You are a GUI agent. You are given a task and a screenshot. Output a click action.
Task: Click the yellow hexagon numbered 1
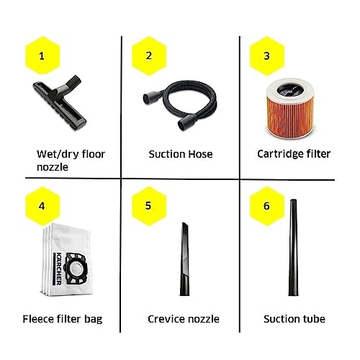tap(42, 55)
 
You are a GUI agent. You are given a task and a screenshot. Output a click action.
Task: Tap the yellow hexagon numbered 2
tap(149, 55)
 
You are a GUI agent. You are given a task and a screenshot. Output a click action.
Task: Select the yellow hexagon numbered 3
tap(267, 55)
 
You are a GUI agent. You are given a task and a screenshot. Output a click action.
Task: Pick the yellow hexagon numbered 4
tap(42, 206)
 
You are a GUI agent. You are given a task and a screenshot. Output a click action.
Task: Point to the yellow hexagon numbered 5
tap(149, 206)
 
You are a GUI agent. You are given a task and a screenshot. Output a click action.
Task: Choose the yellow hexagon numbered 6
tap(267, 206)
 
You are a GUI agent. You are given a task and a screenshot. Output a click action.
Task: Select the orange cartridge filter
tap(290, 109)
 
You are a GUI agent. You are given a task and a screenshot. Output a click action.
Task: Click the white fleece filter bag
tap(66, 260)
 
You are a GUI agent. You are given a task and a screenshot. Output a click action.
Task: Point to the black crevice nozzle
tap(184, 259)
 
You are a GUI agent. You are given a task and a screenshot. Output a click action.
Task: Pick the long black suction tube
tap(293, 247)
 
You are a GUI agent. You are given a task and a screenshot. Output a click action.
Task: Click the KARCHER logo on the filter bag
tap(58, 269)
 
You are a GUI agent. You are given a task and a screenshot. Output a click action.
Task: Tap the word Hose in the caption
tap(201, 154)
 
